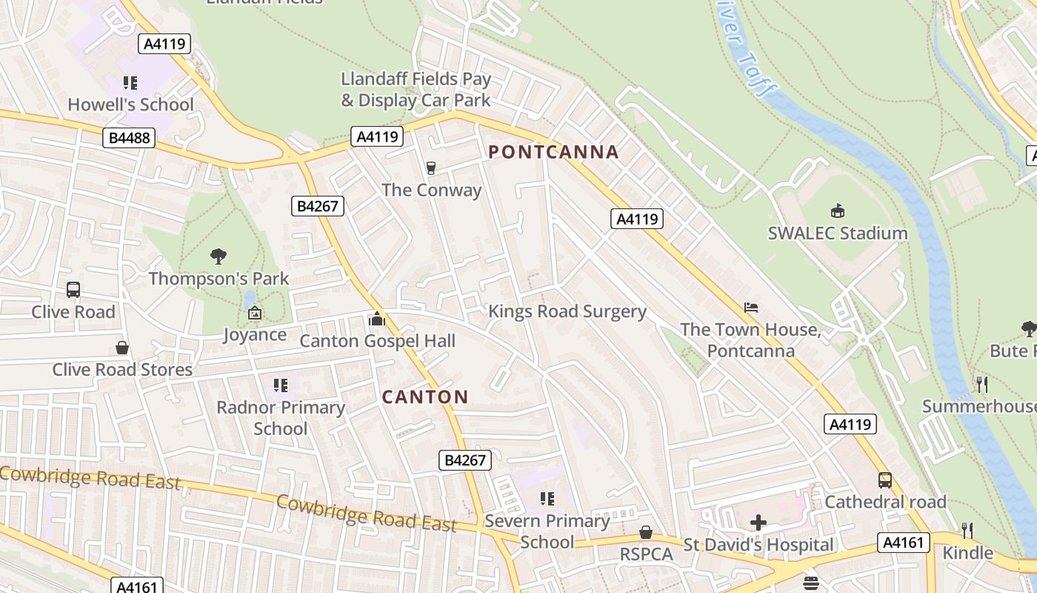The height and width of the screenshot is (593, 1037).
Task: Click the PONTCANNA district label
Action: (x=553, y=152)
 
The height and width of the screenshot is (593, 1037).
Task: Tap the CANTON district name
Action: (x=425, y=397)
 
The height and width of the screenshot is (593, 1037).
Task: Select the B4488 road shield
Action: (x=129, y=138)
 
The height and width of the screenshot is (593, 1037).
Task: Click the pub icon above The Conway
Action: (x=431, y=168)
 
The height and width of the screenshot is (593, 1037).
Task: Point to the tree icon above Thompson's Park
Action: (x=218, y=256)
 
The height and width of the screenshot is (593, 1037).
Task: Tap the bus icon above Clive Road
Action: (x=73, y=290)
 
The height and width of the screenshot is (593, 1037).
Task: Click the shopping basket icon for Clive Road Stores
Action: (x=122, y=348)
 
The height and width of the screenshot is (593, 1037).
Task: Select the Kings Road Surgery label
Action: (x=567, y=311)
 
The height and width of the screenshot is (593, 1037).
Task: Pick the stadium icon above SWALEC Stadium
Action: (x=838, y=211)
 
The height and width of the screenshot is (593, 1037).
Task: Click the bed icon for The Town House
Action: (x=751, y=307)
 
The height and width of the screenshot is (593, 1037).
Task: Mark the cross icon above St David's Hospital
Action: (x=758, y=523)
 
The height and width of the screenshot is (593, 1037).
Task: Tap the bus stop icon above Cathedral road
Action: (x=885, y=480)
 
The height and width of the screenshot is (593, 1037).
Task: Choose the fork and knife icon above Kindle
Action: (x=967, y=530)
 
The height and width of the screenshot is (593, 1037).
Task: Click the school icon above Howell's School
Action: (x=130, y=82)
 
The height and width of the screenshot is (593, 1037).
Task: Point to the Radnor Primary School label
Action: (x=281, y=418)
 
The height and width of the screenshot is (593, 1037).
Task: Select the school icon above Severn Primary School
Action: (x=547, y=499)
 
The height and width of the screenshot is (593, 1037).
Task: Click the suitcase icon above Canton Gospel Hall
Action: (x=377, y=319)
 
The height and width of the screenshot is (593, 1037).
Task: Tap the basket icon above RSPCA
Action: (x=646, y=532)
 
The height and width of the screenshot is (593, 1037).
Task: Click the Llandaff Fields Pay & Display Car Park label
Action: (x=416, y=89)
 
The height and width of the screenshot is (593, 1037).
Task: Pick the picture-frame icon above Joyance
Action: (x=255, y=313)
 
